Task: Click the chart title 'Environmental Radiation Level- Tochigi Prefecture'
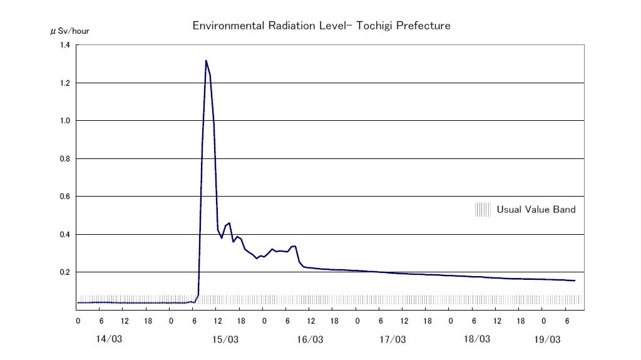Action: (321, 26)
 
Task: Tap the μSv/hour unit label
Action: (69, 31)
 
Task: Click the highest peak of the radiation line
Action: (206, 61)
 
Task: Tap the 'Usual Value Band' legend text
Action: (536, 209)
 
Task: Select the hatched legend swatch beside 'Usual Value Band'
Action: (483, 209)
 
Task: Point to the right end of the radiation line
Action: (575, 280)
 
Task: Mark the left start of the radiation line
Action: (78, 302)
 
